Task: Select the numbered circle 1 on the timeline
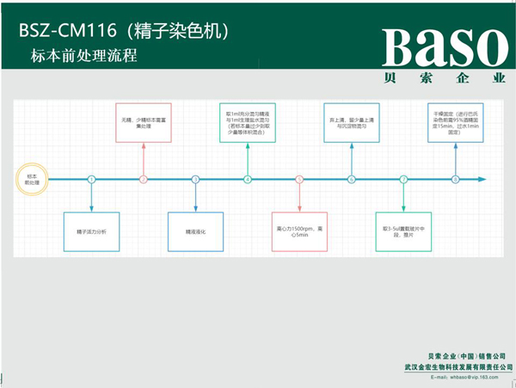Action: [91, 179]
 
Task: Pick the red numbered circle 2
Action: [144, 179]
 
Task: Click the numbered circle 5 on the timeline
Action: [299, 179]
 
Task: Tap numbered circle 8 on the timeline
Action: [455, 179]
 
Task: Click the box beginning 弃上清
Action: [351, 121]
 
